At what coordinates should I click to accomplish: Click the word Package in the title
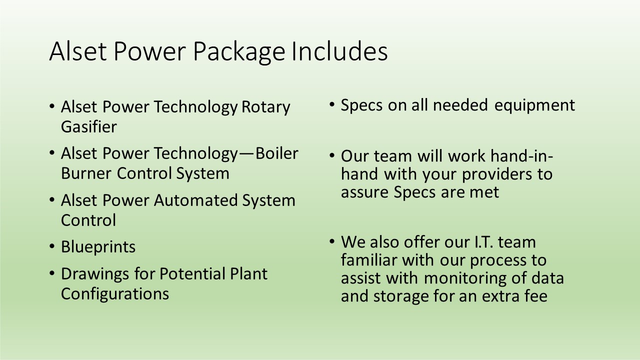click(239, 52)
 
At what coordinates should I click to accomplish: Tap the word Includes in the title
click(339, 51)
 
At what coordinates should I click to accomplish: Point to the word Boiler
click(276, 153)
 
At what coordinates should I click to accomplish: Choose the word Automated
click(195, 200)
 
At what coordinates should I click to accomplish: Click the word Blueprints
click(98, 247)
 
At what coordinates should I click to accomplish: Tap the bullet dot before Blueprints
click(51, 246)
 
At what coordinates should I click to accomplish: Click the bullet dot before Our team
click(331, 155)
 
